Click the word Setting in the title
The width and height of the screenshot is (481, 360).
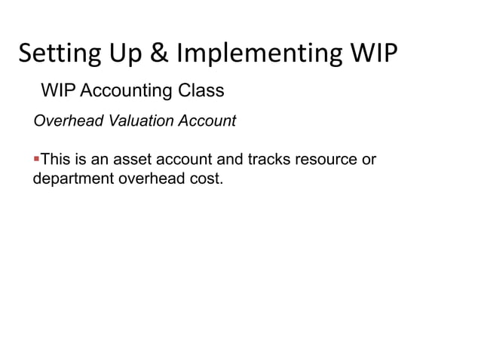(x=56, y=54)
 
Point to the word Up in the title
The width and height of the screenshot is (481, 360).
(x=125, y=54)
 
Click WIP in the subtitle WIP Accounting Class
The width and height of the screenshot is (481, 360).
(x=57, y=91)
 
